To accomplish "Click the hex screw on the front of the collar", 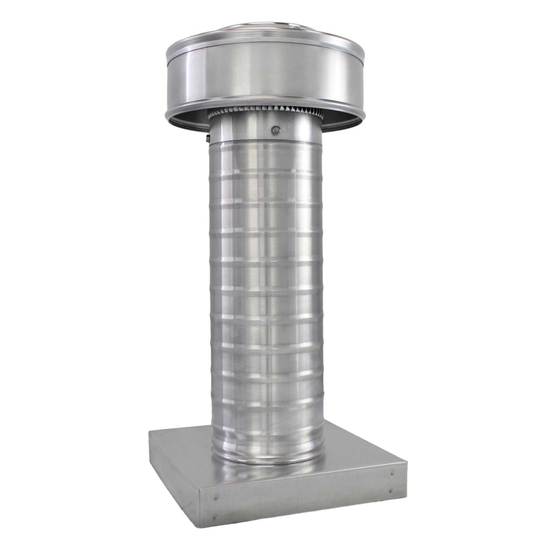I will point(274,130).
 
